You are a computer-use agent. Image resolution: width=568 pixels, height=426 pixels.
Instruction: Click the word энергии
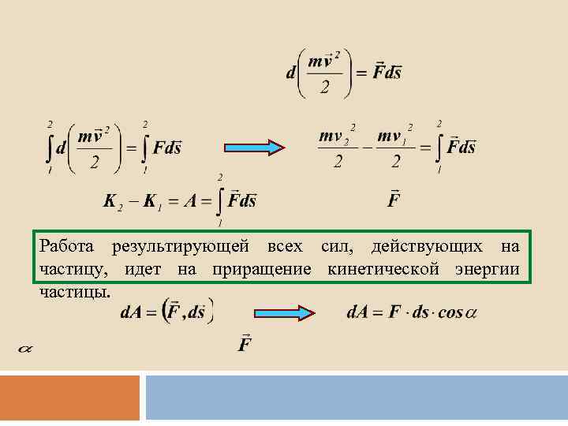(x=486, y=270)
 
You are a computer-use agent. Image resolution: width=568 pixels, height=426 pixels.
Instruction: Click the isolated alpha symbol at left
(x=24, y=346)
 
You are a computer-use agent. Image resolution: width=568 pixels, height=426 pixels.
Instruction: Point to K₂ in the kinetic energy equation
(x=112, y=202)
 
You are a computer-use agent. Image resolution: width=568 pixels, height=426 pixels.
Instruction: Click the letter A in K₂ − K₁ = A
(x=190, y=201)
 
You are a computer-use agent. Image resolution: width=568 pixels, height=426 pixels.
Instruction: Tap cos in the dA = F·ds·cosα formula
(x=450, y=312)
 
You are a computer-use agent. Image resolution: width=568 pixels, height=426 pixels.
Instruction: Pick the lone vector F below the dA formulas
(x=245, y=345)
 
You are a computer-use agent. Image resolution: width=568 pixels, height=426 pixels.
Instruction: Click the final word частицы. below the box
(x=74, y=292)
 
